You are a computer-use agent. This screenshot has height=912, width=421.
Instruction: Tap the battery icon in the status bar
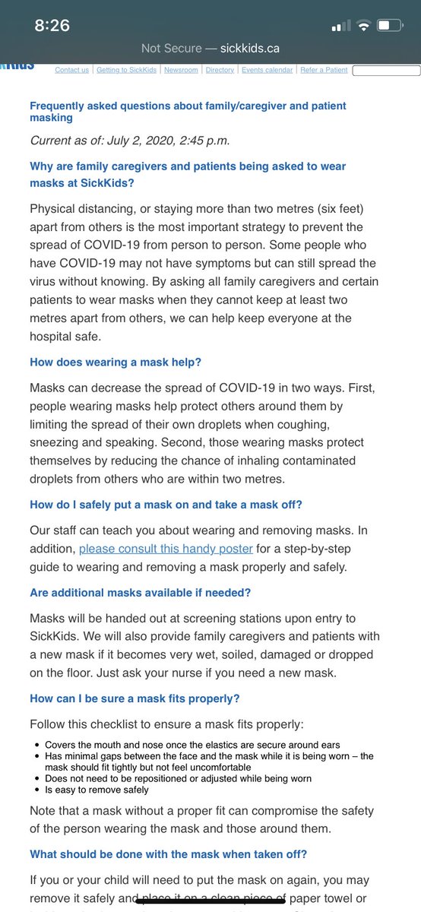(x=390, y=26)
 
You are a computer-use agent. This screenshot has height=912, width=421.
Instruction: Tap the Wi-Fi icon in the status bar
(x=363, y=26)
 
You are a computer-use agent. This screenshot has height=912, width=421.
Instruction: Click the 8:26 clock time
(x=52, y=25)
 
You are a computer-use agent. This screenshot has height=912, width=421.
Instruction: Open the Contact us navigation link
(x=71, y=70)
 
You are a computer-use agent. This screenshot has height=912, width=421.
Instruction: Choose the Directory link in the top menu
(x=220, y=70)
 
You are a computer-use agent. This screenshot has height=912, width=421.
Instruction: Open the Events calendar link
(x=267, y=70)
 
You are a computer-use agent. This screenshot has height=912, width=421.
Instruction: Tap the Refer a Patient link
(x=324, y=70)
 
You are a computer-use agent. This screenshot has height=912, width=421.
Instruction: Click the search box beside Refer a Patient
(x=385, y=71)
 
